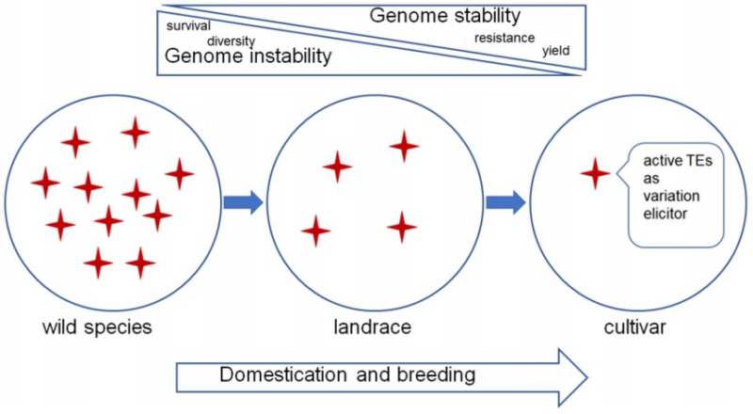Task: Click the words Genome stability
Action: tap(444, 16)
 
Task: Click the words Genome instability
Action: tap(248, 56)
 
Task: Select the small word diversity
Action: tap(232, 41)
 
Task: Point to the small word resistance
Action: tap(505, 38)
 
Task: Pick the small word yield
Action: tap(555, 50)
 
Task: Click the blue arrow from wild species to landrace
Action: tap(243, 202)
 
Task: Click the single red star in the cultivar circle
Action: tap(595, 173)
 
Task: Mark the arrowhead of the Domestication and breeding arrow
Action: tap(569, 375)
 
